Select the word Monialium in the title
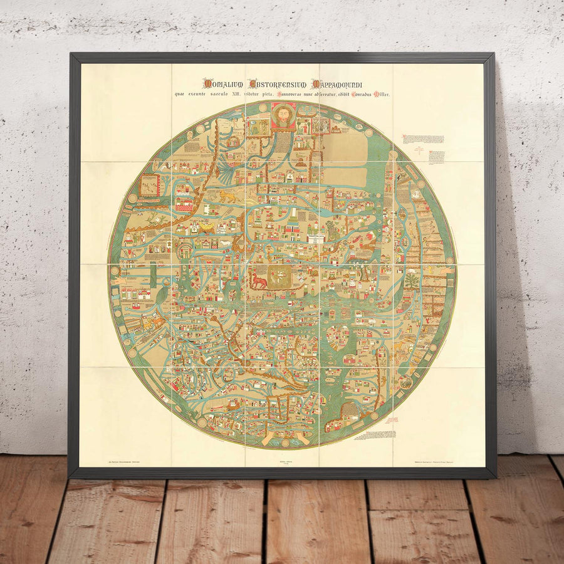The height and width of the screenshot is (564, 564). [x=224, y=83]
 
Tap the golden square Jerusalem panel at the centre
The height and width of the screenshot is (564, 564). [x=279, y=274]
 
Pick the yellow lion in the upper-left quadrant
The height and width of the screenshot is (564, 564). [x=226, y=197]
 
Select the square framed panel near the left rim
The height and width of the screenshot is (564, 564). [x=149, y=185]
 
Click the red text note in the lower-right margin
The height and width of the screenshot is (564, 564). [x=380, y=434]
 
